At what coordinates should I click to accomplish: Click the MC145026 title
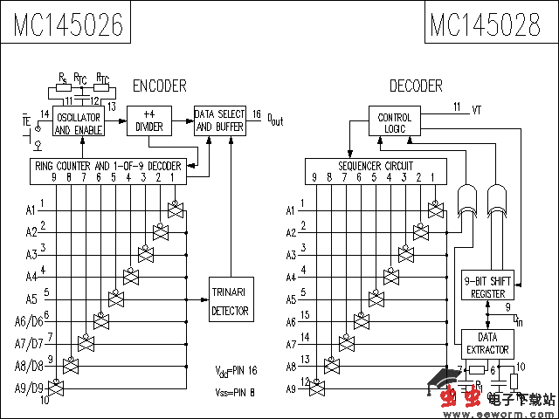tap(66, 24)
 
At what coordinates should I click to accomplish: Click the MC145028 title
tap(485, 24)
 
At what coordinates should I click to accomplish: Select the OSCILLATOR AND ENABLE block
tap(78, 123)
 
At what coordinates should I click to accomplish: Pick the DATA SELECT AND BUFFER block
tap(219, 120)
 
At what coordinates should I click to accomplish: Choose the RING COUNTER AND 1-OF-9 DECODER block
tap(107, 172)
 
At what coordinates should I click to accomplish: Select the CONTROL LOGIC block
tap(394, 123)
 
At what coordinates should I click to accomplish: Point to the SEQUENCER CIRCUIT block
tap(376, 171)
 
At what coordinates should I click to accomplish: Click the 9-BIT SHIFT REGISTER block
tap(487, 286)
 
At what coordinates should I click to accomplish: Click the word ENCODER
tap(159, 86)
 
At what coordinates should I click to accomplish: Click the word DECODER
tap(416, 86)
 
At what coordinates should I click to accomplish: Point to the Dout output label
tap(274, 120)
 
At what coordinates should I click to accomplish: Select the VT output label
tap(476, 110)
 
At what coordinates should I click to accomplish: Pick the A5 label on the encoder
tap(31, 299)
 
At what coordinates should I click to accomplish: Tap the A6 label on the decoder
tap(292, 321)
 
